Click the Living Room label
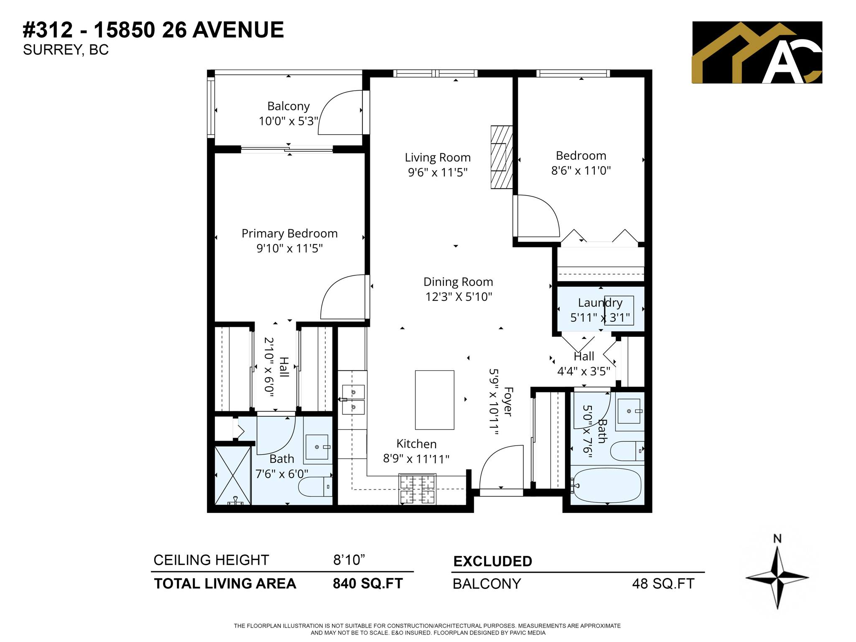437,158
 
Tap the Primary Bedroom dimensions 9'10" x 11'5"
289,248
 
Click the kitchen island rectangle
434,400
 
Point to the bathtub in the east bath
607,485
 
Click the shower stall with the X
232,475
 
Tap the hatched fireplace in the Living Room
501,157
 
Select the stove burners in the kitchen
417,489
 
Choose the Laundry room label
600,303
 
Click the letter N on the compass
777,539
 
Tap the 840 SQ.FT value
367,583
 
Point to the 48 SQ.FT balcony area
663,583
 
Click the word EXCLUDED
492,561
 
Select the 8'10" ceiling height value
349,560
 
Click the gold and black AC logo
757,52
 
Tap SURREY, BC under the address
66,50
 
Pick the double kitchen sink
353,399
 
